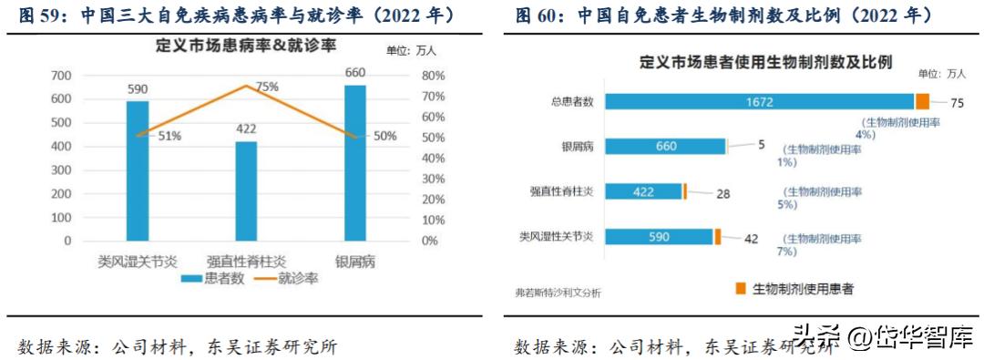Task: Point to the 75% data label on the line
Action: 267,87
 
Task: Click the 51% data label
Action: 169,136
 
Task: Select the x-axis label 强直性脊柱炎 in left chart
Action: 246,262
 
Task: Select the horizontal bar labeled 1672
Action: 758,102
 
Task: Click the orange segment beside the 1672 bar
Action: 922,102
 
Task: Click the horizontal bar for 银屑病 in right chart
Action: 664,146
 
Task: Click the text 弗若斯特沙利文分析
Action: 559,293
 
